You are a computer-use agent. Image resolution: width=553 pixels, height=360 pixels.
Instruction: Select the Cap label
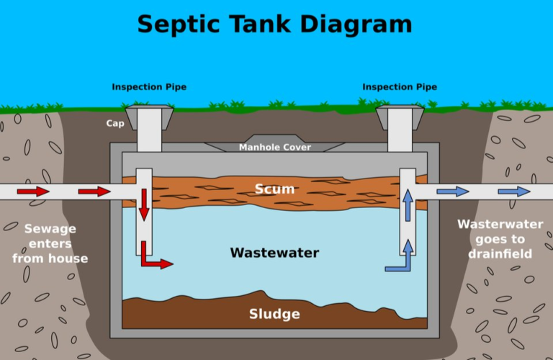(115, 123)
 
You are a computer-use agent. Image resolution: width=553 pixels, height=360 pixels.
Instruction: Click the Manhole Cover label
(275, 148)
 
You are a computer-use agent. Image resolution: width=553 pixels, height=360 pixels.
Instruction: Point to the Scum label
(274, 189)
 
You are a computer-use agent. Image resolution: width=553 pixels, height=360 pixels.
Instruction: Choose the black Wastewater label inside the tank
(274, 253)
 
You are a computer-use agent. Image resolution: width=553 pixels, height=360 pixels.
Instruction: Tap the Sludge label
(274, 314)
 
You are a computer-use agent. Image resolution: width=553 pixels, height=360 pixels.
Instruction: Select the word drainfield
(500, 254)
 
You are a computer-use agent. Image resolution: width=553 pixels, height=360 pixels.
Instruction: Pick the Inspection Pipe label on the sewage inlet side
(149, 87)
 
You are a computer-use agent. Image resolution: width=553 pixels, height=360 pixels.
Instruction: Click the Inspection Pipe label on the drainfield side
(400, 87)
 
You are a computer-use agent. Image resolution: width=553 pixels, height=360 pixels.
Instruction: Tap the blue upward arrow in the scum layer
(408, 205)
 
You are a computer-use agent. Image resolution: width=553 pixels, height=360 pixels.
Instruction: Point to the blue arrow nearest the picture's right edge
(514, 192)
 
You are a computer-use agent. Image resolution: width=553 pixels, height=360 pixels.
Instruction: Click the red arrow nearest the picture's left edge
(33, 192)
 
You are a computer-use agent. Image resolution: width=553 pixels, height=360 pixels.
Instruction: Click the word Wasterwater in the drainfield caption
(500, 225)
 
